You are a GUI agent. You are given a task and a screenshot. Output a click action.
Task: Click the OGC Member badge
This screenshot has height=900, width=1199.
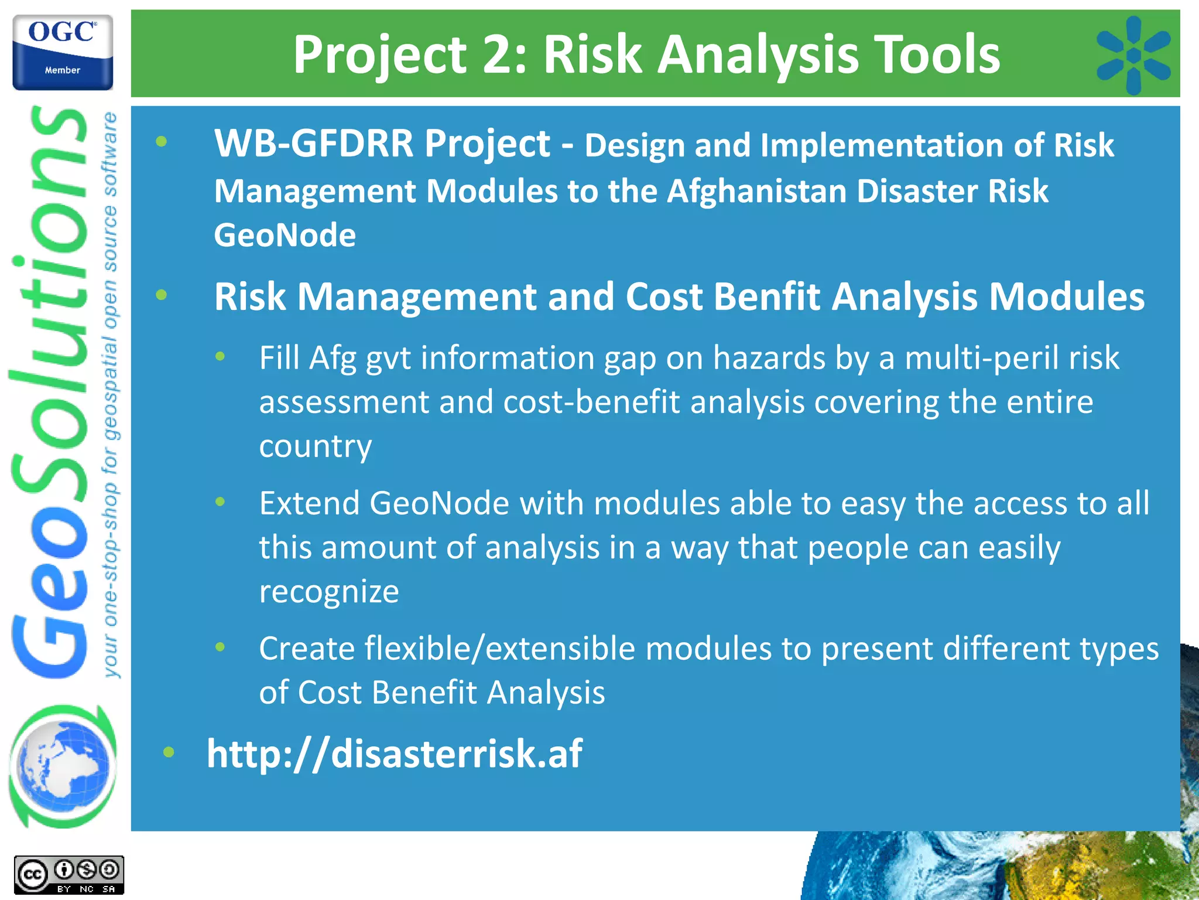click(x=63, y=53)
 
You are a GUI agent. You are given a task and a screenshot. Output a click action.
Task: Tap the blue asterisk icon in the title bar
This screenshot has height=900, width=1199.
click(x=1133, y=55)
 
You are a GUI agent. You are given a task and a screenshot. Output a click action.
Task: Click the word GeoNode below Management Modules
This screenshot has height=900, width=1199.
click(x=285, y=236)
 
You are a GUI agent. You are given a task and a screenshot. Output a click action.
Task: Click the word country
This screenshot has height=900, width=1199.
click(x=316, y=446)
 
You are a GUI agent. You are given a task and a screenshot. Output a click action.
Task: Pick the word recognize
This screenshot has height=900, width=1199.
click(x=329, y=592)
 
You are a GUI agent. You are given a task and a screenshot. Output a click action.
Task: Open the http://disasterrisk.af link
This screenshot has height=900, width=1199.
click(x=395, y=754)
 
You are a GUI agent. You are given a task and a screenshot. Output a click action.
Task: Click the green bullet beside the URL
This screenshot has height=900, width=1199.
click(x=169, y=752)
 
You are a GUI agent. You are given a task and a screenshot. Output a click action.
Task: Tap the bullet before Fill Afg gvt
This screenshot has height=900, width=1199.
click(x=220, y=356)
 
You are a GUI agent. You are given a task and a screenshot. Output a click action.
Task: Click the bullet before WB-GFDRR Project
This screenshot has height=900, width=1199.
click(x=162, y=142)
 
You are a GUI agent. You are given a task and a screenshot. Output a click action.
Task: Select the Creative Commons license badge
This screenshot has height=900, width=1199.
click(x=69, y=875)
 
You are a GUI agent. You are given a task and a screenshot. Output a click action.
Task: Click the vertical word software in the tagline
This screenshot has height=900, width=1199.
click(x=110, y=155)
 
